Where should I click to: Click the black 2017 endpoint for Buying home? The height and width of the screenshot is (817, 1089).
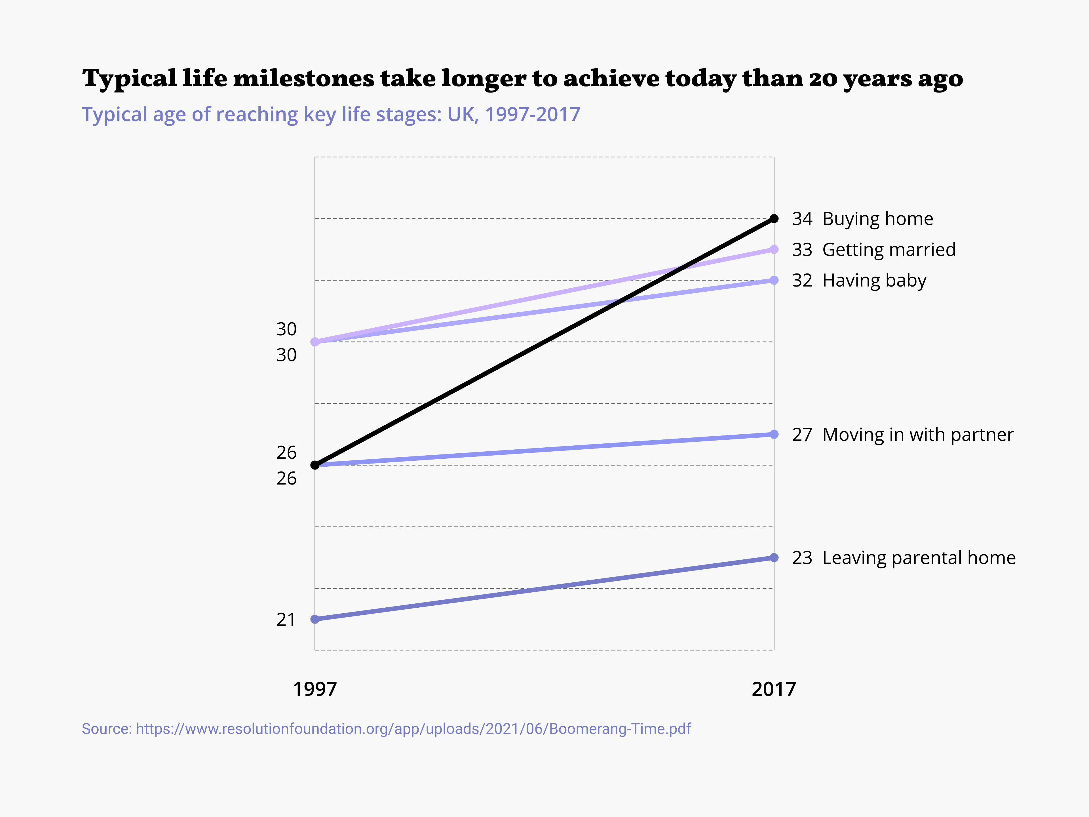[x=774, y=219]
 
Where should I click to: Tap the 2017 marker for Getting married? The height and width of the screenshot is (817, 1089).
[x=774, y=250]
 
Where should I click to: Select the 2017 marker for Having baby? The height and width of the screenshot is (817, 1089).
[x=774, y=280]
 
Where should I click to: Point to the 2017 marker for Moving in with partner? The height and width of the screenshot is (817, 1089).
[x=774, y=434]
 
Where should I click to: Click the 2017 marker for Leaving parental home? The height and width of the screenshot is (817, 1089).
[x=774, y=557]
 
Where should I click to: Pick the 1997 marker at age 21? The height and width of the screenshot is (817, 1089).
[x=315, y=619]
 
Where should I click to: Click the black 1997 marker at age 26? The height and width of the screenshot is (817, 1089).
[x=315, y=465]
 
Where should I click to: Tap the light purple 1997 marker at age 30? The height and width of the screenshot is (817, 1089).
[x=315, y=342]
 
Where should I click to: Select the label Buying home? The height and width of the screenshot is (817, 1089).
[x=877, y=219]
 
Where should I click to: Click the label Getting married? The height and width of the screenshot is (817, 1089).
[x=888, y=250]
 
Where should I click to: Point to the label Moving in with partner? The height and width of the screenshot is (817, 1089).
[x=918, y=434]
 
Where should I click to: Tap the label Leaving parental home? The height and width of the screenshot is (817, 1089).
[x=919, y=557]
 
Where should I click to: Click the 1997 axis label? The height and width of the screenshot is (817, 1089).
[x=315, y=689]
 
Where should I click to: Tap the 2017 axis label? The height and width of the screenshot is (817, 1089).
[x=774, y=689]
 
